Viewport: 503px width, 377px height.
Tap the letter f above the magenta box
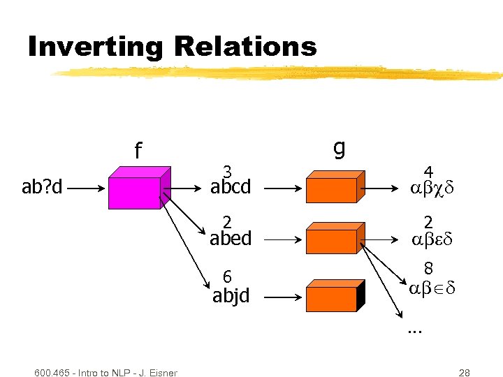[x=138, y=150]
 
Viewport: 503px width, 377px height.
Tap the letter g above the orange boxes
[x=339, y=147]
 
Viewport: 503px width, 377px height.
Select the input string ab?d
[x=43, y=188]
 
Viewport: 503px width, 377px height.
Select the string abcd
[x=231, y=188]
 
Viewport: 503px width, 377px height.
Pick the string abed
[x=231, y=239]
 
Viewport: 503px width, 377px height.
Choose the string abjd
[x=231, y=297]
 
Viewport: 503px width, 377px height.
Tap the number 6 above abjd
[x=227, y=276]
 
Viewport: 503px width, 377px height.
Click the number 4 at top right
[x=428, y=172]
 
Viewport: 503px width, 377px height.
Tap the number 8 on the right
[x=428, y=268]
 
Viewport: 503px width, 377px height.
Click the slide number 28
[x=465, y=372]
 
